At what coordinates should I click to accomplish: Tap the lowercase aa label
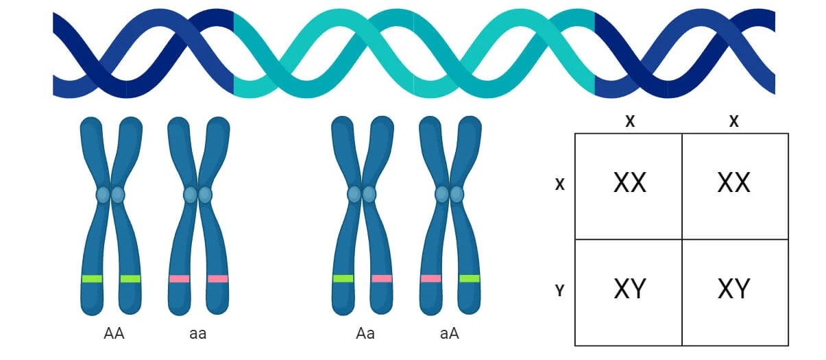(x=197, y=334)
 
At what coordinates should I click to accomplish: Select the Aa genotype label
(x=365, y=334)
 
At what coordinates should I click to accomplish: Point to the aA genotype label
(x=450, y=334)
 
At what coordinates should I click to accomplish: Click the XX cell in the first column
(x=629, y=183)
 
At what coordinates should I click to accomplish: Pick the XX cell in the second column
(x=733, y=183)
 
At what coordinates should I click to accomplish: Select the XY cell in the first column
(x=629, y=289)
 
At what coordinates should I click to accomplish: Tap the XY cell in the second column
(x=733, y=289)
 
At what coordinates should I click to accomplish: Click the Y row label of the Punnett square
(x=559, y=291)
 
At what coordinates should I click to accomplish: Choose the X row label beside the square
(x=559, y=184)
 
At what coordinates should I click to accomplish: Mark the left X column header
(x=630, y=122)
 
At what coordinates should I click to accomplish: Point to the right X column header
(x=734, y=122)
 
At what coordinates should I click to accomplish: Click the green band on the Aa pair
(x=343, y=278)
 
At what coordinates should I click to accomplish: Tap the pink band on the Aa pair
(x=382, y=278)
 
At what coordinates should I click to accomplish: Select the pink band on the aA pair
(x=431, y=278)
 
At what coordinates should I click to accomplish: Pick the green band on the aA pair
(x=470, y=278)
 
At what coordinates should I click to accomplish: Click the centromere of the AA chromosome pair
(x=110, y=195)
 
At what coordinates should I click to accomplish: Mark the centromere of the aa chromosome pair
(x=198, y=195)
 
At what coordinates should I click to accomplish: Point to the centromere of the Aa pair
(x=362, y=195)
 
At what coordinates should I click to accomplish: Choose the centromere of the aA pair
(x=450, y=195)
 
